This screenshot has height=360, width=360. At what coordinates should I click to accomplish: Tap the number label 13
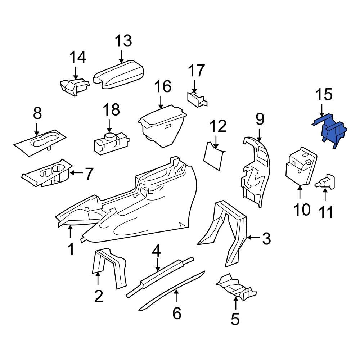123,41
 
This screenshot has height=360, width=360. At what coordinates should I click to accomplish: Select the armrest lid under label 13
119,75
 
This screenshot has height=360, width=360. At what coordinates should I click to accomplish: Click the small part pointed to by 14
74,87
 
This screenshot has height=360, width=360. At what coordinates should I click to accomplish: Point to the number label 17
197,71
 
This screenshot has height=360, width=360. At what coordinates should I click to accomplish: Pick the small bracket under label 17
197,99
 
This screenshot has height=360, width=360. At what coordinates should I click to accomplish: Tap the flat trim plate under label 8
40,142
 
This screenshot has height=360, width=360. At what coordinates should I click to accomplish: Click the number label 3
266,238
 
